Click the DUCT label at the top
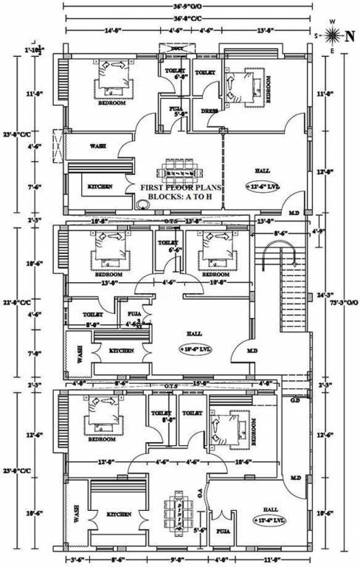(x=177, y=48)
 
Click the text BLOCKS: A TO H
(x=179, y=198)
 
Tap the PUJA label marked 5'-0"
(x=177, y=111)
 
